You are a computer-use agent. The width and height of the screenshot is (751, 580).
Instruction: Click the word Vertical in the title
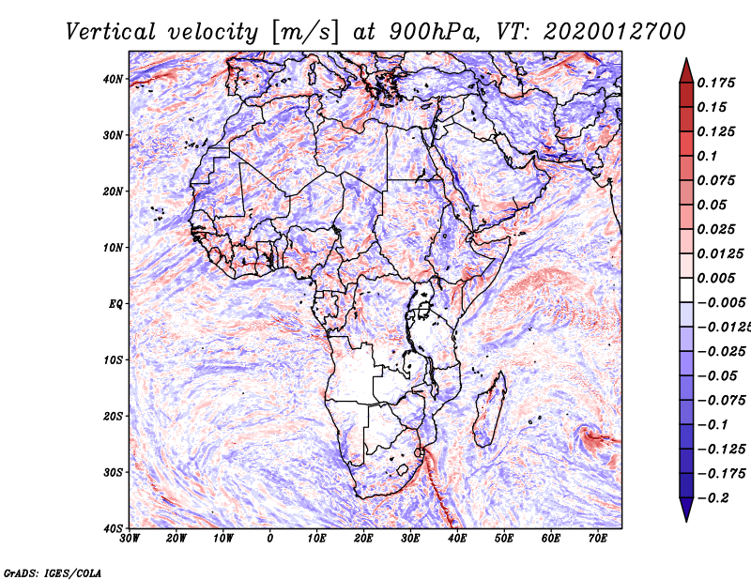pyautogui.click(x=111, y=32)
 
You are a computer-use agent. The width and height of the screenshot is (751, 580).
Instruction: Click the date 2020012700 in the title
pyautogui.click(x=615, y=32)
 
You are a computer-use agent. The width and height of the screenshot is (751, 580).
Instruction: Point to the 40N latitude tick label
pyautogui.click(x=113, y=79)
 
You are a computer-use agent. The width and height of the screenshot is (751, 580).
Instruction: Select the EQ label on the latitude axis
pyautogui.click(x=115, y=304)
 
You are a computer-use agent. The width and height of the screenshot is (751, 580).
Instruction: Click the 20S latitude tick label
pyautogui.click(x=114, y=416)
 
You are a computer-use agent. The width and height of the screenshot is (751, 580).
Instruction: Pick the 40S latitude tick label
pyautogui.click(x=114, y=528)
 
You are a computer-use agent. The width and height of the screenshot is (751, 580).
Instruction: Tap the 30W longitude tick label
pyautogui.click(x=130, y=539)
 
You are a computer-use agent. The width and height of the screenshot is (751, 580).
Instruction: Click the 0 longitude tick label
pyautogui.click(x=270, y=539)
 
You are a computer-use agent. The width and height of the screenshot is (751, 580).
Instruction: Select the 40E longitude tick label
pyautogui.click(x=457, y=539)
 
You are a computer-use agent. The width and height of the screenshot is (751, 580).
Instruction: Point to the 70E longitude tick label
pyautogui.click(x=598, y=539)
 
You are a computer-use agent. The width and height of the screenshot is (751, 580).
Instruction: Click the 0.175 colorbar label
pyautogui.click(x=716, y=83)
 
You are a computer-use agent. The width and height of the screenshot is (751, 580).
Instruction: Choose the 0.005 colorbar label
pyautogui.click(x=716, y=278)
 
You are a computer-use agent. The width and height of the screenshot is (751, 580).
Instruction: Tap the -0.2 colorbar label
pyautogui.click(x=713, y=498)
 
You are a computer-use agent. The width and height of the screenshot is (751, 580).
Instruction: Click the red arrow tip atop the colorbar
pyautogui.click(x=686, y=58)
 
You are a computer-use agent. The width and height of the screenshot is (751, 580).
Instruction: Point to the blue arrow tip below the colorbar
pyautogui.click(x=686, y=522)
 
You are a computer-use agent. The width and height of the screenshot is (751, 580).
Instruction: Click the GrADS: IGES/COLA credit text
pyautogui.click(x=53, y=572)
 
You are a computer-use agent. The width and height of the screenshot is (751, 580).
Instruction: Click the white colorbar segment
pyautogui.click(x=686, y=290)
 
